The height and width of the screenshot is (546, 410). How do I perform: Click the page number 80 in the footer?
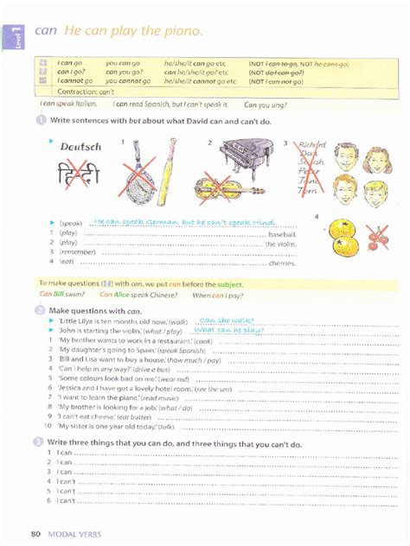(35, 533)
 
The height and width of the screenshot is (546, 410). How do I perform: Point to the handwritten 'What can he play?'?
(229, 330)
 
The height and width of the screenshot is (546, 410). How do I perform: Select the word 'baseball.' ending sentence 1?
(282, 234)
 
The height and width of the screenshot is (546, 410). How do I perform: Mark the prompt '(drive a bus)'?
(152, 369)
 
